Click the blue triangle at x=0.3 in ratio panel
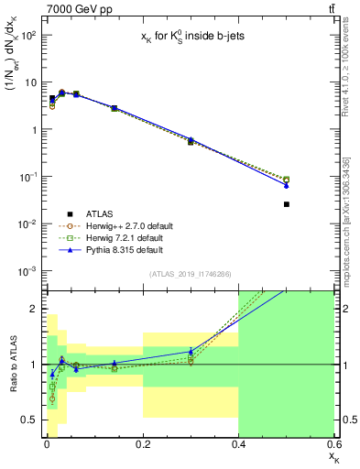pyautogui.click(x=191, y=351)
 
